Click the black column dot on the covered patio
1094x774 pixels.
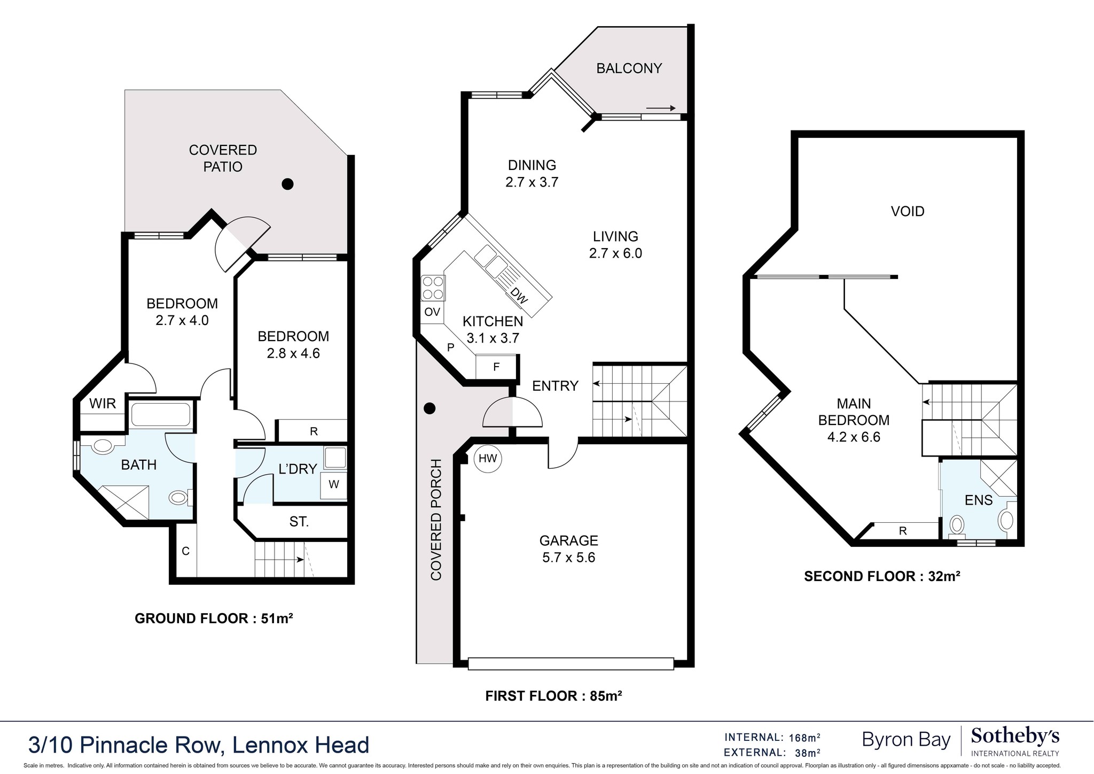(288, 184)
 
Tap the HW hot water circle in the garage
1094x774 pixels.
(488, 458)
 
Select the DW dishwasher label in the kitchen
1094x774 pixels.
(519, 296)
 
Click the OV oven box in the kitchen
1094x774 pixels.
(432, 312)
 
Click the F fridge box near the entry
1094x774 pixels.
(496, 367)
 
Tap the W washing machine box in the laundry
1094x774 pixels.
(334, 485)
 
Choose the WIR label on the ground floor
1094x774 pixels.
(103, 404)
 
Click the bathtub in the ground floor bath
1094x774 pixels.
(161, 414)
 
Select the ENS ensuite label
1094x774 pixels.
(979, 500)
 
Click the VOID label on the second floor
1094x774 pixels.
(908, 212)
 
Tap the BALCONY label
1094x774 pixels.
(629, 68)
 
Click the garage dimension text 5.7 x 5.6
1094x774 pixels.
(568, 558)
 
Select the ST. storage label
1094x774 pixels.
(299, 522)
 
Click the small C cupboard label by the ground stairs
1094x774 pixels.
(185, 551)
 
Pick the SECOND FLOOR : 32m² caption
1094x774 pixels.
(882, 576)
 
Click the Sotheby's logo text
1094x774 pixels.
(1015, 736)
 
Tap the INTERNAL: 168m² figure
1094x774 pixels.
(772, 738)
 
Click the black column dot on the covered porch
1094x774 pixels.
(429, 409)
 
